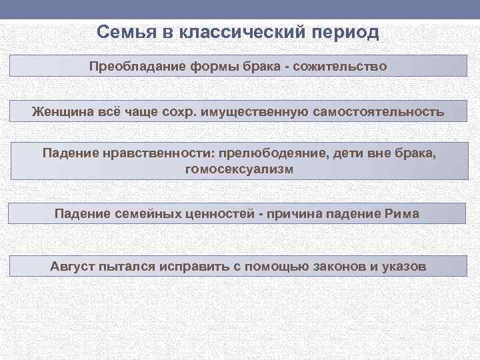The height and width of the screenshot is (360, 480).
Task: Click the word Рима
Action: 403,214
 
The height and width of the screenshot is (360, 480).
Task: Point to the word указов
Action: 403,267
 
